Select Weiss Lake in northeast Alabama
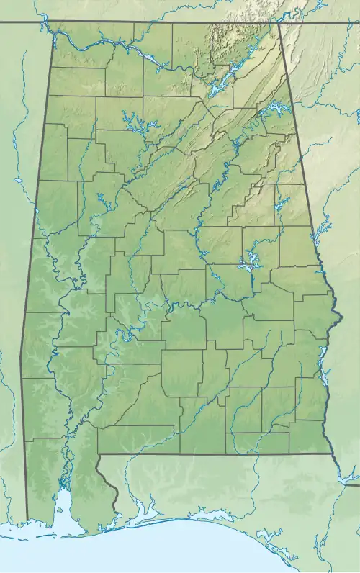pos(274,109)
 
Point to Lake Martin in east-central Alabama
pos(248,261)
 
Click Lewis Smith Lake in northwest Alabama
pos(134,122)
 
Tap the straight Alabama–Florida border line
pos(216,454)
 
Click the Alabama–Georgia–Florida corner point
pos(333,455)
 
